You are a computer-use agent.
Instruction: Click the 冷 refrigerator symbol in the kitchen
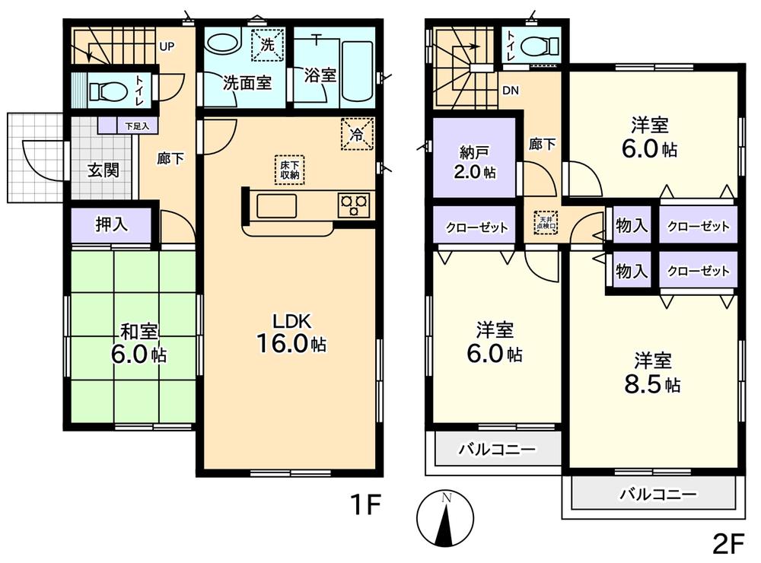click(x=357, y=135)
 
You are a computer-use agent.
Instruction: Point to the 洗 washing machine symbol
click(x=267, y=44)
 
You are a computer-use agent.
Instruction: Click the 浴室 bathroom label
click(x=320, y=75)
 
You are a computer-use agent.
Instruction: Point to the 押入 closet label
click(x=112, y=224)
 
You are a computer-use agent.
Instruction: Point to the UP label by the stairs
click(x=167, y=46)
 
